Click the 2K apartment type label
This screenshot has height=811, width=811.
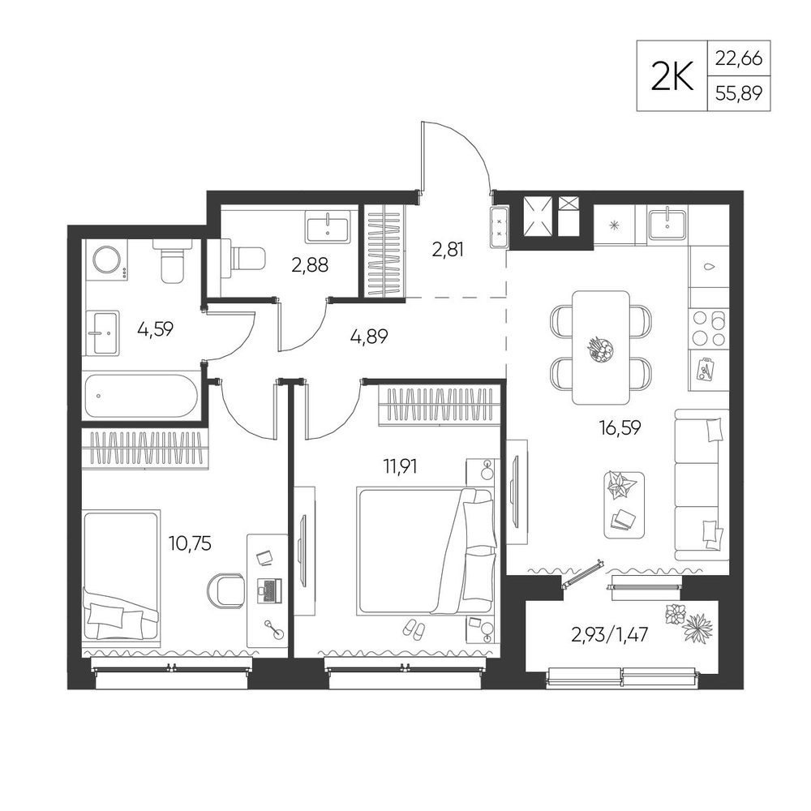coord(672,77)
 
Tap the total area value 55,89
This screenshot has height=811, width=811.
coord(739,93)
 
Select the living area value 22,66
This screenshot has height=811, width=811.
coord(739,58)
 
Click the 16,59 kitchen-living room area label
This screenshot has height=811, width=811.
coord(620,427)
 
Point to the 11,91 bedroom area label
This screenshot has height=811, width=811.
coord(400,466)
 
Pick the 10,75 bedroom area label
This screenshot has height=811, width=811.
coord(190,543)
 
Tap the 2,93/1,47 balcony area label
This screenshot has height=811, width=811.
coord(609,634)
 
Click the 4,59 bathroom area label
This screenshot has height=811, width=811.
coord(155,329)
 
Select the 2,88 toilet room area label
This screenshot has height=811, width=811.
coord(310,265)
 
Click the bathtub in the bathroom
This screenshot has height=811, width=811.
coord(140,397)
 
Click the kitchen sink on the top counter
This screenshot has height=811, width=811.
coord(667,223)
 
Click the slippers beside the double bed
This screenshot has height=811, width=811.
coord(414,629)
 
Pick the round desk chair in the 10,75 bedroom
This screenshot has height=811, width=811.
coord(226,590)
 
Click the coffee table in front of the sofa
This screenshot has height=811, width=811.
coord(624,504)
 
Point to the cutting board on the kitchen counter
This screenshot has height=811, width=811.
coord(705,368)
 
